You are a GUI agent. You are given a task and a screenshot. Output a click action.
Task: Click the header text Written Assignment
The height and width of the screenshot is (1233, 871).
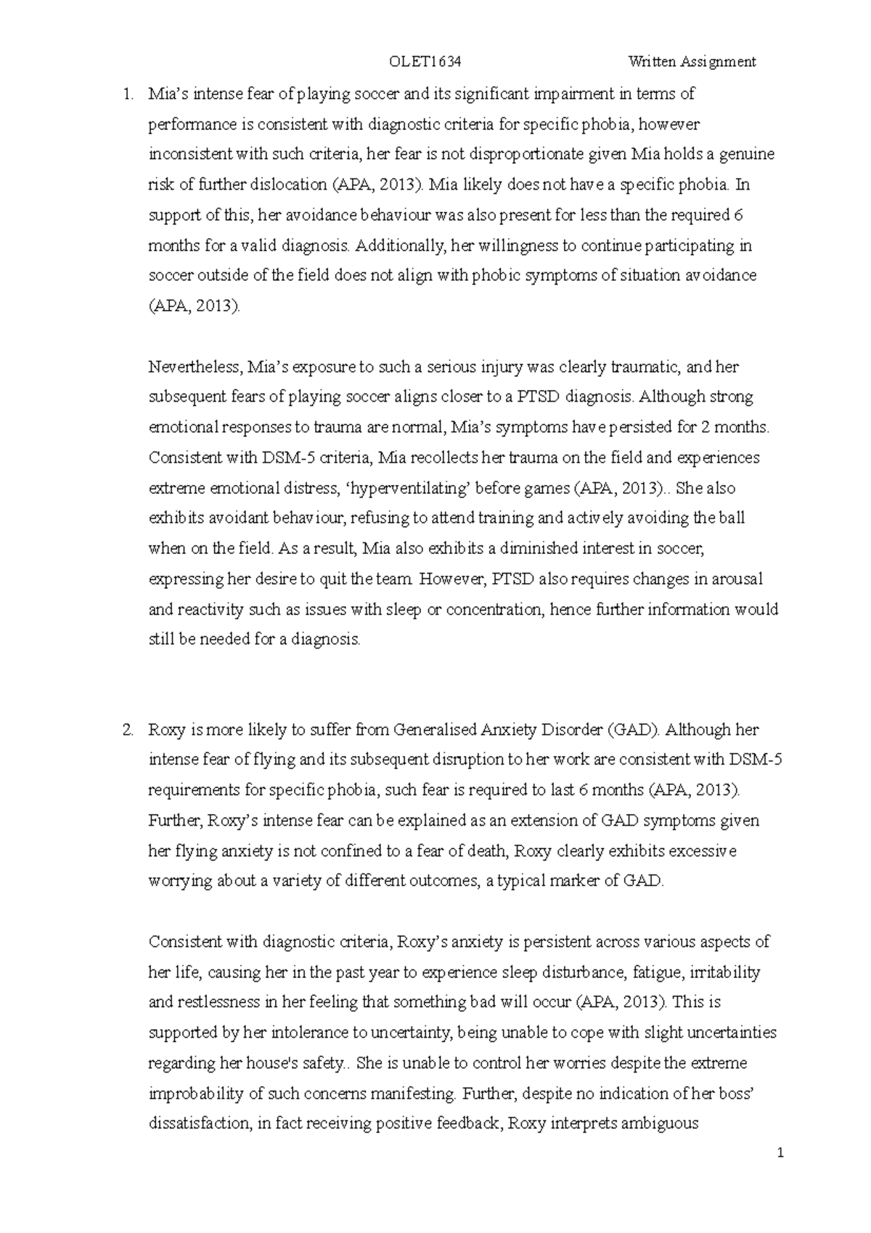tap(692, 62)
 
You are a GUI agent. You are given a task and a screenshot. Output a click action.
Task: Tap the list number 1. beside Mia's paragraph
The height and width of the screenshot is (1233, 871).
tap(128, 94)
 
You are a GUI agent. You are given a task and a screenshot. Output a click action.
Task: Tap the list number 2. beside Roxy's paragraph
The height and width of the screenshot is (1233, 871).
tap(128, 730)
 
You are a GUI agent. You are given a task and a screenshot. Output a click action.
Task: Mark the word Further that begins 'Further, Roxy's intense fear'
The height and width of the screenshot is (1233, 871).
tap(175, 821)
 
